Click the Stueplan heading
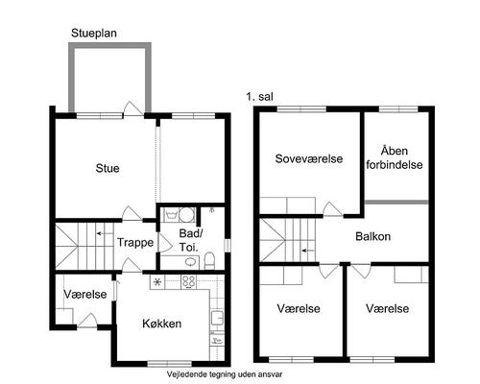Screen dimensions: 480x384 pos(94,33)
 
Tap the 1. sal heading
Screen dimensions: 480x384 pos(259,96)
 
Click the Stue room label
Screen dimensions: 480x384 pos(108,168)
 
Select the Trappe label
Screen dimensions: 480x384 pos(135,242)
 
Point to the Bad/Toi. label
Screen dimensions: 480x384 pos(190,240)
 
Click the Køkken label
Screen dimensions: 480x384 pos(162,324)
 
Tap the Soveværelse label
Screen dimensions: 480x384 pos(309,158)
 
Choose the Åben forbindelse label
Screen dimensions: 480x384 pos(395,157)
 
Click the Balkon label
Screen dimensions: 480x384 pos(372,236)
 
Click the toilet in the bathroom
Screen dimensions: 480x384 pos(209,260)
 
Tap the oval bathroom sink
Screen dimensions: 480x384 pos(191,262)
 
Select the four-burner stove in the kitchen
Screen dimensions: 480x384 pos(188,282)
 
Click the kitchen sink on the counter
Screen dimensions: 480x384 pos(217,318)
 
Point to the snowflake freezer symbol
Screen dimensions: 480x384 pos(157,282)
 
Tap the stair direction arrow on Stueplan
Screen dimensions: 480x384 pos(103,233)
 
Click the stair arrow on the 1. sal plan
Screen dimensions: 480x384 pos(308,251)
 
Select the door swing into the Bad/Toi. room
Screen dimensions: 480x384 pos(166,243)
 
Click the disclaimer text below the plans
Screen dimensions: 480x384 pos(225,374)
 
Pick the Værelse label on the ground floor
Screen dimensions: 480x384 pos(85,294)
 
